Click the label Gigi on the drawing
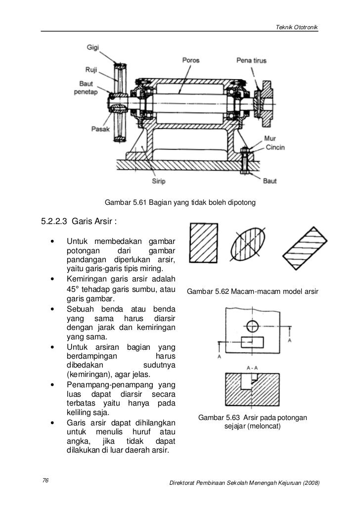[x=92, y=47]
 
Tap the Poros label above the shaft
[x=191, y=60]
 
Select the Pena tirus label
[x=251, y=60]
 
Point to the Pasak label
[x=100, y=129]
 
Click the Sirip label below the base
[x=159, y=181]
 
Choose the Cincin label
[x=275, y=147]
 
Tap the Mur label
[x=270, y=139]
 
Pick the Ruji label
[x=91, y=70]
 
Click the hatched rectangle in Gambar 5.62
[x=203, y=243]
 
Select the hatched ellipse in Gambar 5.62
[x=248, y=244]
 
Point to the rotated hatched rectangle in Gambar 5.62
[x=305, y=248]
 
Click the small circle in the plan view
[x=252, y=326]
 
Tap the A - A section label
[x=252, y=368]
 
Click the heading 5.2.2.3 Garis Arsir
[x=79, y=222]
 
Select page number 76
[x=45, y=480]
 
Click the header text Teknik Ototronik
[x=296, y=27]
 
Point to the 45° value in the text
[x=73, y=289]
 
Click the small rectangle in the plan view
[x=252, y=342]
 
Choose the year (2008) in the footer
[x=311, y=483]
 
